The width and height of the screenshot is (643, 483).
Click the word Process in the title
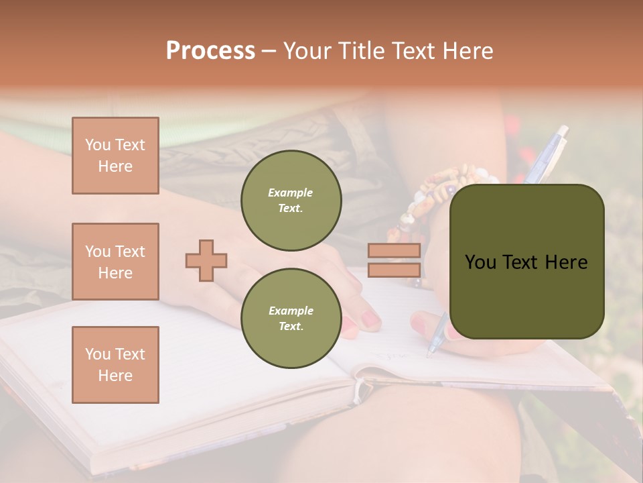pos(210,51)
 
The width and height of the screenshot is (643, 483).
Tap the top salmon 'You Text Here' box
pos(115,156)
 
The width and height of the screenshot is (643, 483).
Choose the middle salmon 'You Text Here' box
pos(115,262)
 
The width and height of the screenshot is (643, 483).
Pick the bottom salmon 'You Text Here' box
pos(115,364)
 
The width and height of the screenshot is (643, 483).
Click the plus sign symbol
pos(206,260)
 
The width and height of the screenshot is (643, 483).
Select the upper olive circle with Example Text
pos(291,200)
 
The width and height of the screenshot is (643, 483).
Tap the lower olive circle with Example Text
pos(291,318)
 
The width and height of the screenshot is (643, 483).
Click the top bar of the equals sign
pos(394,250)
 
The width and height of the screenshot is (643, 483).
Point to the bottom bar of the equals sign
pos(394,270)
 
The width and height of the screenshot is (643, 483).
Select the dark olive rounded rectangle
pos(526,262)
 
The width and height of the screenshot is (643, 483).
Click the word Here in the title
pos(469,51)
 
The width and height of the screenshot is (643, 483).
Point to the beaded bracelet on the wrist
pos(429,195)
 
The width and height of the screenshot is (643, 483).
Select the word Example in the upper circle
pos(291,193)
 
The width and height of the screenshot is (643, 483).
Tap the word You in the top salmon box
pos(98,145)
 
